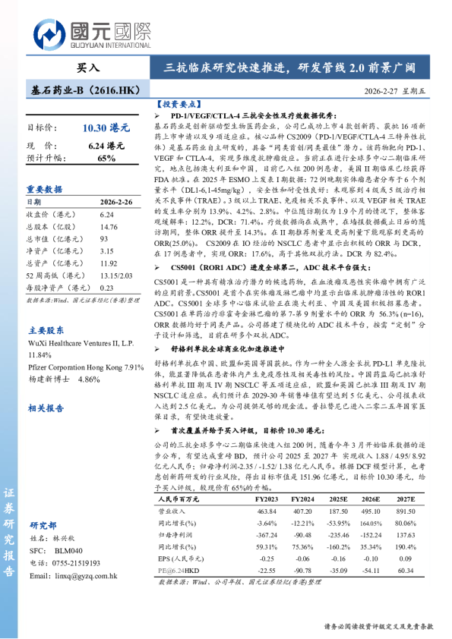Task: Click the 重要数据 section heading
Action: click(x=45, y=189)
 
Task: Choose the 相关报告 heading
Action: click(x=45, y=408)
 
